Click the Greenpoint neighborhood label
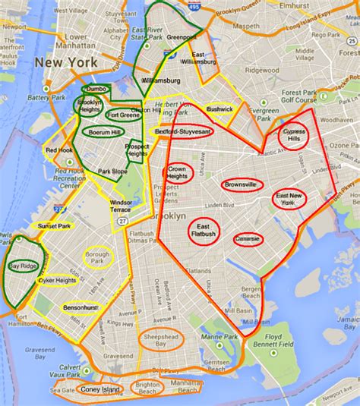pyautogui.click(x=181, y=36)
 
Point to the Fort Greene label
pyautogui.click(x=122, y=115)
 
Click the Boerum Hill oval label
pyautogui.click(x=100, y=131)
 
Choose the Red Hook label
pyautogui.click(x=58, y=150)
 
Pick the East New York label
pyautogui.click(x=290, y=199)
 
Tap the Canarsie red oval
pyautogui.click(x=248, y=239)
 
